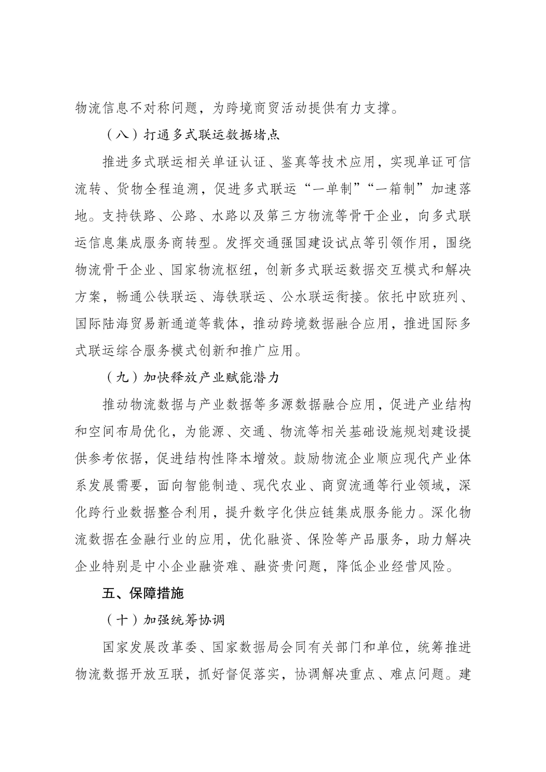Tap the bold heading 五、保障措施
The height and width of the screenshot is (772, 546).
[x=142, y=593]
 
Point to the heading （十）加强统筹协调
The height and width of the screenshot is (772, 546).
[x=164, y=620]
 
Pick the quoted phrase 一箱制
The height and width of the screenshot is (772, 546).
[x=392, y=189]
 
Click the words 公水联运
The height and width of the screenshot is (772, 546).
[x=305, y=297]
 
